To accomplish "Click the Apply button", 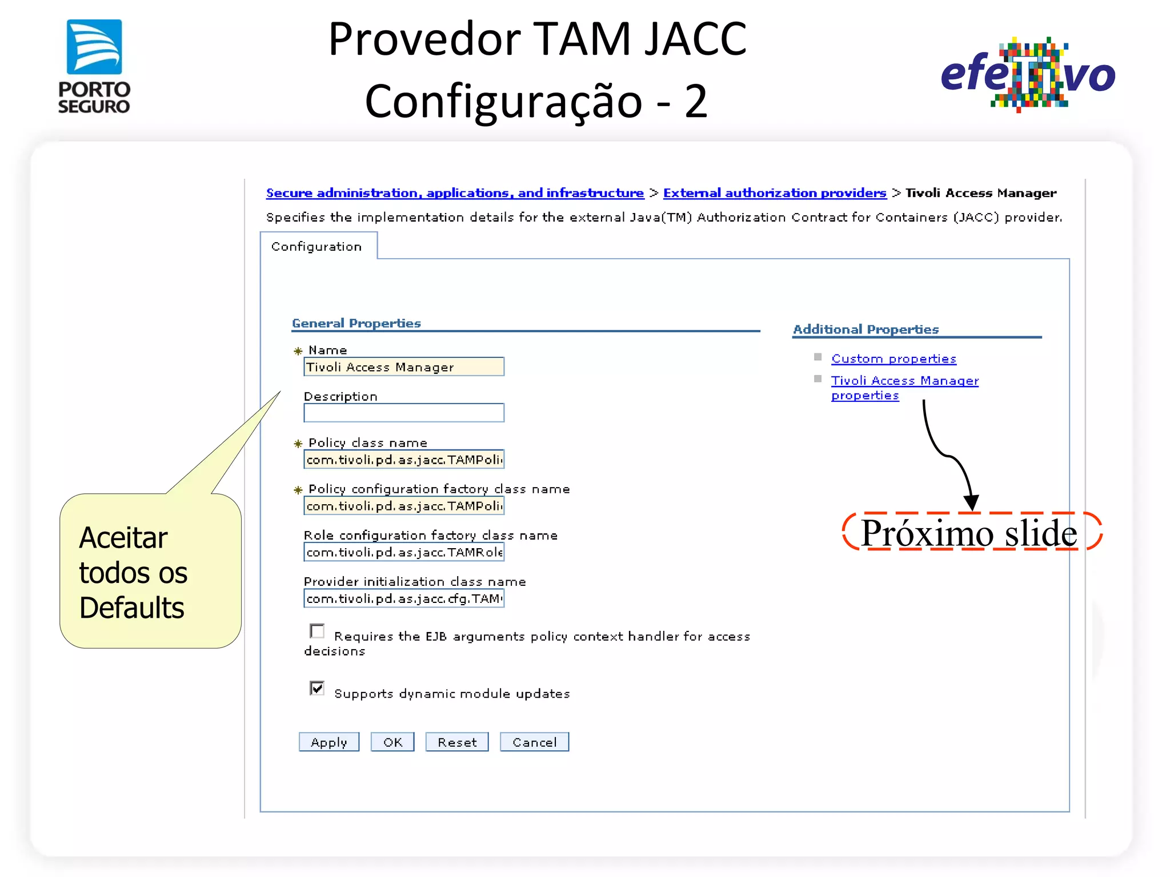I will pyautogui.click(x=328, y=742).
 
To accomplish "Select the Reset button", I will pyautogui.click(x=456, y=742).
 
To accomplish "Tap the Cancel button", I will pyautogui.click(x=534, y=742).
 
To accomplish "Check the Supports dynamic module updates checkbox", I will pyautogui.click(x=317, y=688).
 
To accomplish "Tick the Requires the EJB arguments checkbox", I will pyautogui.click(x=317, y=631).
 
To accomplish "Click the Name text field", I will pyautogui.click(x=403, y=367).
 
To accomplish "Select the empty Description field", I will pyautogui.click(x=403, y=413).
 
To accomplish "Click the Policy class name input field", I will pyautogui.click(x=403, y=459).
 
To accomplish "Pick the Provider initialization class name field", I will pyautogui.click(x=403, y=598).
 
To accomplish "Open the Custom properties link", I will pyautogui.click(x=893, y=359).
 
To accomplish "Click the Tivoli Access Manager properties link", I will pyautogui.click(x=904, y=381).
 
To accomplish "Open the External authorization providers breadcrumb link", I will pyautogui.click(x=774, y=193).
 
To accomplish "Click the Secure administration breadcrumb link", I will pyautogui.click(x=455, y=193).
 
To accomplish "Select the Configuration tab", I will pyautogui.click(x=316, y=246).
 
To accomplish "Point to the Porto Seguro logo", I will pyautogui.click(x=94, y=66).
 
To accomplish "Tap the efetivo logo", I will pyautogui.click(x=1028, y=74).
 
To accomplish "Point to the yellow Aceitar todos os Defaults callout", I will pyautogui.click(x=150, y=571).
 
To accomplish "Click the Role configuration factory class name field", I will pyautogui.click(x=403, y=552).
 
